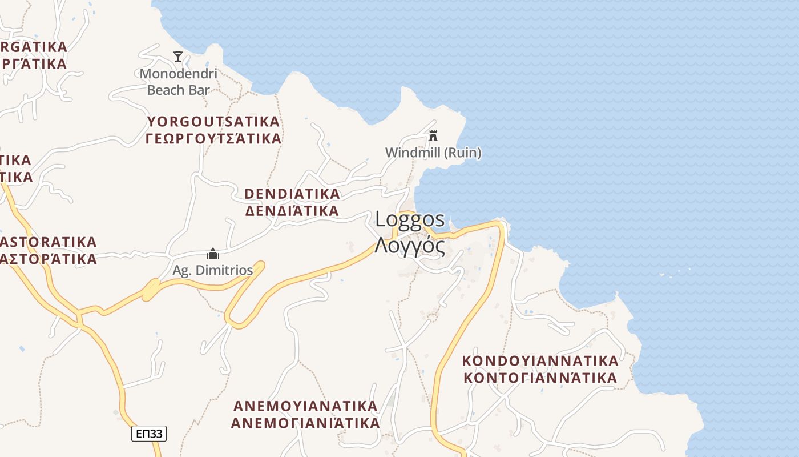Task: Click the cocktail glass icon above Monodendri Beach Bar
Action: point(178,57)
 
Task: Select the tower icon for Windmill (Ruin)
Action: point(433,136)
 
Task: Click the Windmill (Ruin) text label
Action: point(433,153)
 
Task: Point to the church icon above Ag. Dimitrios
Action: point(213,254)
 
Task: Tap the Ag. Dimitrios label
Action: point(213,270)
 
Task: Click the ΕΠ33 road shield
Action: point(149,434)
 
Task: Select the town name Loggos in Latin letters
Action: point(410,220)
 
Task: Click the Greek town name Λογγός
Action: point(410,245)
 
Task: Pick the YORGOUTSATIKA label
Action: point(213,122)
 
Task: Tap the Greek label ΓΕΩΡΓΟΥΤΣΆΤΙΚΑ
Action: point(213,139)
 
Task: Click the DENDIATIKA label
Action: point(292,194)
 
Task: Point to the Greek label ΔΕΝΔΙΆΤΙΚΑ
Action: point(292,211)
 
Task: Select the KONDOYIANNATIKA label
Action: point(540,361)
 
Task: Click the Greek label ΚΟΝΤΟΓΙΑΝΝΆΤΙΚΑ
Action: point(540,378)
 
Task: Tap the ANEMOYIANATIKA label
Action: point(305,406)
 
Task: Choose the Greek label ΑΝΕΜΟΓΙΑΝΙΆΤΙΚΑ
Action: point(305,423)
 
